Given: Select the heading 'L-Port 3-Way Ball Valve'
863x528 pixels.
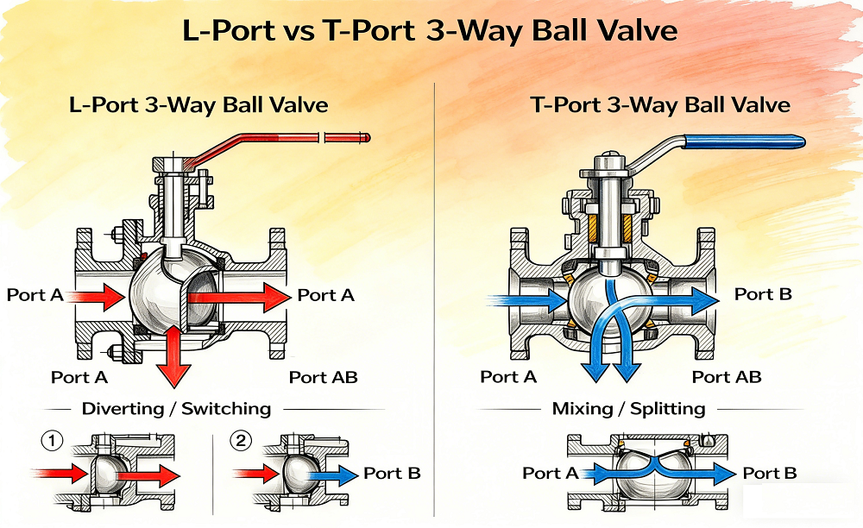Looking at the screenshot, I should click(198, 105).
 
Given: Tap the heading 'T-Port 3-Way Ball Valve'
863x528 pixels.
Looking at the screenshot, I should click(660, 105).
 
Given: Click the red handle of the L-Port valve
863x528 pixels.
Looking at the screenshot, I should click(285, 142).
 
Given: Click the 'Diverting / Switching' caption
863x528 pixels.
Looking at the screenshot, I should click(176, 408).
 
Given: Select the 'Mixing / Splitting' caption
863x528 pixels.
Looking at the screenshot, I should click(628, 408).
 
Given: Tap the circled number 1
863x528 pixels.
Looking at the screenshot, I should click(52, 443).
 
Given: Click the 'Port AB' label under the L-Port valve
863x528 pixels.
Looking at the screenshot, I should click(323, 377).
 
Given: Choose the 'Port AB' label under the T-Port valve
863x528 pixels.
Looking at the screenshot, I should click(727, 377).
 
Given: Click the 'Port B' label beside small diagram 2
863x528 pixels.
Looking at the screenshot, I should click(392, 473).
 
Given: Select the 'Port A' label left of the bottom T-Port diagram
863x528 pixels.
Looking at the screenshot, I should click(551, 473).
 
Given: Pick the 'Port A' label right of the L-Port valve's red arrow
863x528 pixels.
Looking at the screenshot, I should click(326, 295).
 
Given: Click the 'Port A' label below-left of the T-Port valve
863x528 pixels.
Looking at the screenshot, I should click(508, 377).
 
